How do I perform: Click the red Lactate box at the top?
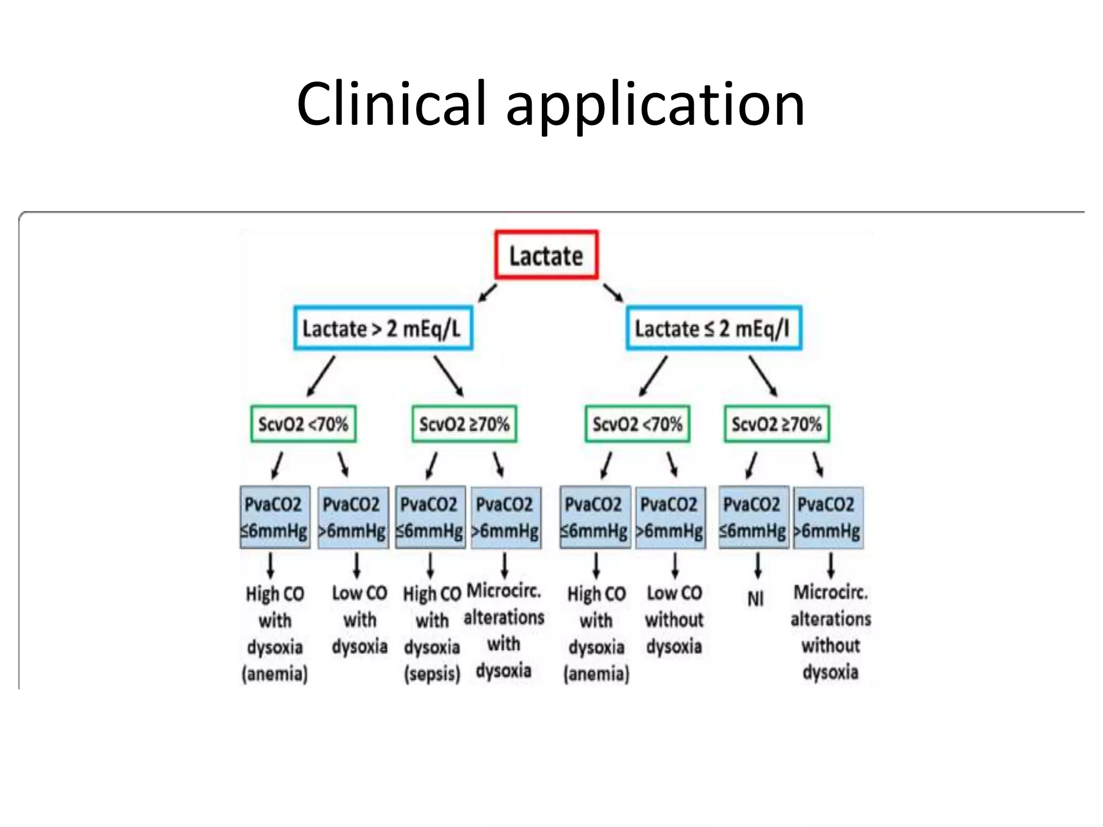click(x=546, y=255)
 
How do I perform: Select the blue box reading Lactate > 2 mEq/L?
click(x=383, y=328)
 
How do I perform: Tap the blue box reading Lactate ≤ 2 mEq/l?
click(x=714, y=328)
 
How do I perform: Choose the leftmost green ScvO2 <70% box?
click(x=303, y=424)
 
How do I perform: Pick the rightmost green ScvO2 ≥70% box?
click(x=777, y=424)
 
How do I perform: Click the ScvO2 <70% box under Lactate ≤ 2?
click(x=638, y=424)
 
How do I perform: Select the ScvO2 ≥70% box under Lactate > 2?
click(x=464, y=424)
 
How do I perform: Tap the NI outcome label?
click(x=756, y=599)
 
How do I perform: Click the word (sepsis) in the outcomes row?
click(x=432, y=674)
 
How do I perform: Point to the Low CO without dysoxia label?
click(x=674, y=619)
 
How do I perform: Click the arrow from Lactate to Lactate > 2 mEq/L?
click(x=487, y=293)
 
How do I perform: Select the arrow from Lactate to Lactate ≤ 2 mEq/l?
click(x=613, y=292)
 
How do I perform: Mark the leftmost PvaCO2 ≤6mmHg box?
click(x=275, y=517)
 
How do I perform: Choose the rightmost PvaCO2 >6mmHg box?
click(x=828, y=517)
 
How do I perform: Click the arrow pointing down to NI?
click(x=758, y=565)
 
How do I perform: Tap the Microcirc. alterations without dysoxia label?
click(x=830, y=632)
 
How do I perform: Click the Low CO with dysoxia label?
click(x=359, y=619)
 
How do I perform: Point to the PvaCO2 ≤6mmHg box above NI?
click(x=753, y=517)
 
